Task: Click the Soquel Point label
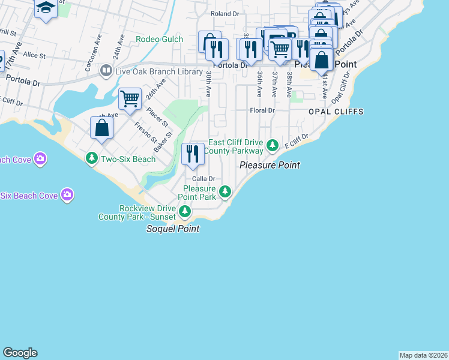tap(173, 229)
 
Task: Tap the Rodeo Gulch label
tap(155, 39)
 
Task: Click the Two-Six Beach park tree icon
tap(92, 159)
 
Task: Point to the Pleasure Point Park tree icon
tap(225, 192)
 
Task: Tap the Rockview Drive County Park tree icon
tap(185, 211)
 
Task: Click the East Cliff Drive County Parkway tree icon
tap(273, 145)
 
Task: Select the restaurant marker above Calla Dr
tap(192, 154)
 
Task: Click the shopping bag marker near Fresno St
tap(101, 127)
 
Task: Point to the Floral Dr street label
tap(262, 110)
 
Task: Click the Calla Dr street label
tap(203, 179)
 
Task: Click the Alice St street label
tap(34, 55)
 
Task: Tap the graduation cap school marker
tap(46, 8)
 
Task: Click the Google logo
tap(20, 353)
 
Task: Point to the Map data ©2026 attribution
tap(423, 355)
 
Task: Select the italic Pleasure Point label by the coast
tap(270, 165)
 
